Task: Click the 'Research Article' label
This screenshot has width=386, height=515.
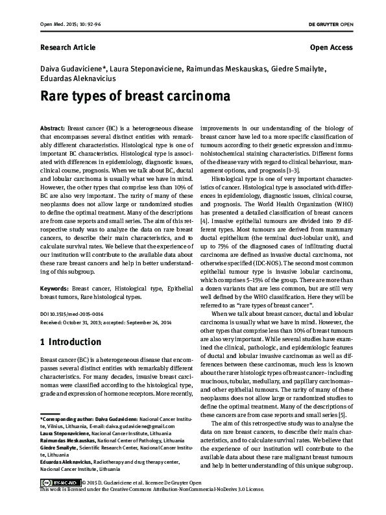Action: point(68,47)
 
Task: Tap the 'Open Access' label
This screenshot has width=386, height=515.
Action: point(331,47)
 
